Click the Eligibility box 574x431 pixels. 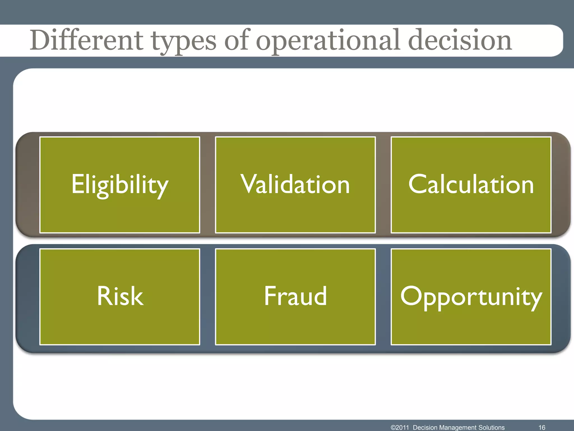tap(120, 185)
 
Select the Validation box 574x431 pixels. tap(295, 185)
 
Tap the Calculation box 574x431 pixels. tap(471, 185)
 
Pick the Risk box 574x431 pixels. tap(120, 297)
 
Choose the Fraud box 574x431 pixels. tap(295, 297)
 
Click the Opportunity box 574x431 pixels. tap(471, 297)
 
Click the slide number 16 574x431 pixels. tap(542, 427)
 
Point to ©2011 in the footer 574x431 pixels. tap(400, 427)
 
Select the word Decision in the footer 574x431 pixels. tap(425, 427)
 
